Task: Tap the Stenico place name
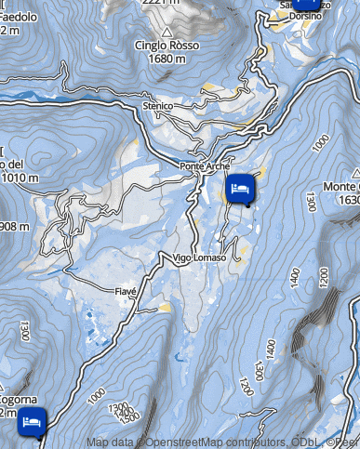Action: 159,107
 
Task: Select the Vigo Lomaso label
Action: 198,258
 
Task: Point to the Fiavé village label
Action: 126,291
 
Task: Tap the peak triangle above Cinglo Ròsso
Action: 167,33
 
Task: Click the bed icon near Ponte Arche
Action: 240,189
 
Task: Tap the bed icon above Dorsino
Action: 307,3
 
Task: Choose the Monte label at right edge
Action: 341,187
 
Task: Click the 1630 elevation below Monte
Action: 349,200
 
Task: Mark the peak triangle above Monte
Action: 357,173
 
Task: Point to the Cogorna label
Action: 18,401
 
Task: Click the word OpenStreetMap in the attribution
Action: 177,442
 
